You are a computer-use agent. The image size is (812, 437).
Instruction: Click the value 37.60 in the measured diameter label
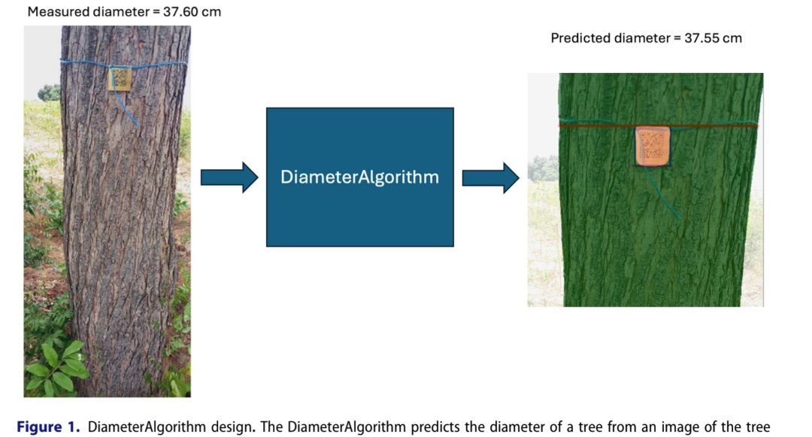pyautogui.click(x=181, y=12)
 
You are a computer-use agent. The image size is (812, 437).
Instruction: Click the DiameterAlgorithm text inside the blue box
pyautogui.click(x=359, y=178)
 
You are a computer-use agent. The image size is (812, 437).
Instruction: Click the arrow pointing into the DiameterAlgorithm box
pyautogui.click(x=229, y=178)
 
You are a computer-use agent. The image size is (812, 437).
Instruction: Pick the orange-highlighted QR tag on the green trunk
pyautogui.click(x=652, y=145)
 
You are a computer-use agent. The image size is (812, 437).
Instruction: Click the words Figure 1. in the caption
pyautogui.click(x=48, y=427)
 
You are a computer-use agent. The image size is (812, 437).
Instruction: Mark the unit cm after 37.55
pyautogui.click(x=732, y=38)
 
